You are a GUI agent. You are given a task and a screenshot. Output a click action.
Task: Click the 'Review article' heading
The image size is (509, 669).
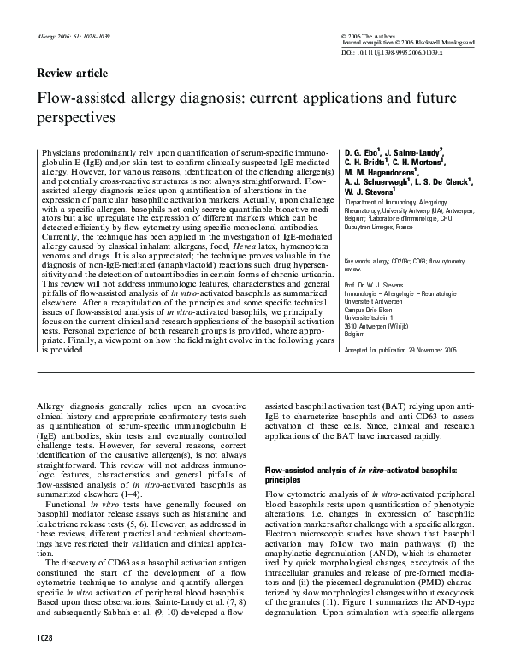71,74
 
